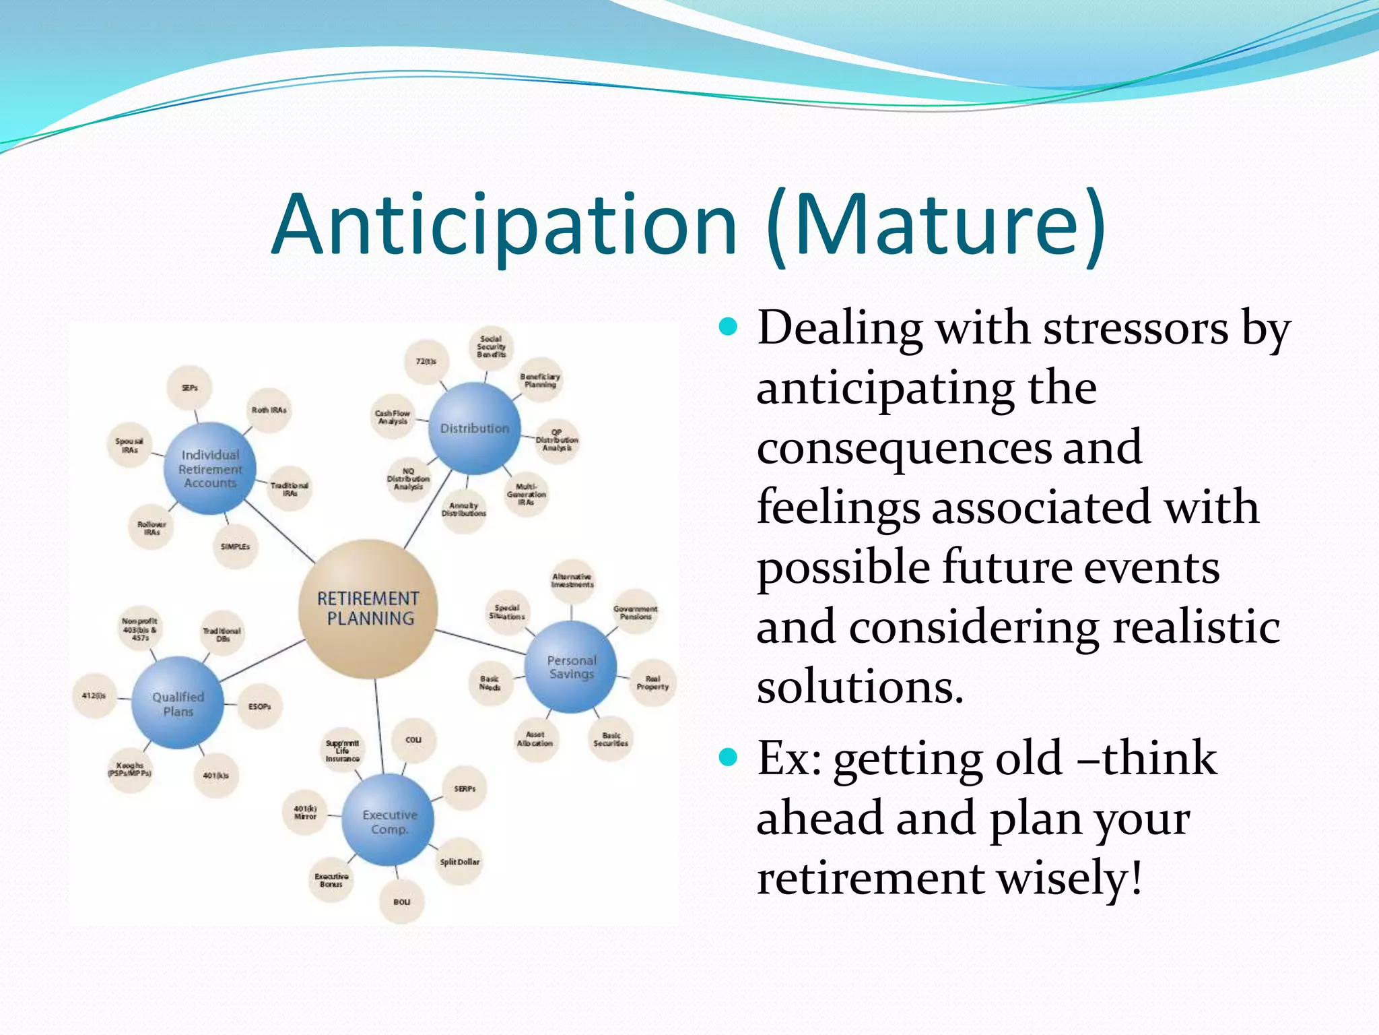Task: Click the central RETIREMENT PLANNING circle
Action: pyautogui.click(x=368, y=608)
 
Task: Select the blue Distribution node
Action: pyautogui.click(x=475, y=429)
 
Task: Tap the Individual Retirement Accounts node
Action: pyautogui.click(x=210, y=469)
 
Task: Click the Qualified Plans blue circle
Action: pyautogui.click(x=178, y=703)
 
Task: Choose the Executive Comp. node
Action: pyautogui.click(x=389, y=821)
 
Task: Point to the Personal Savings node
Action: pyautogui.click(x=571, y=667)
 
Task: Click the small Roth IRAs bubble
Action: pyautogui.click(x=269, y=410)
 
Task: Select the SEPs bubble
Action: pyautogui.click(x=190, y=388)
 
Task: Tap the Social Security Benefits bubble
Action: pyautogui.click(x=491, y=347)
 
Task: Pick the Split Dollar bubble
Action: pyautogui.click(x=460, y=862)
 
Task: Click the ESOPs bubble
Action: pyautogui.click(x=259, y=707)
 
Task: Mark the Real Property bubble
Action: pyautogui.click(x=652, y=683)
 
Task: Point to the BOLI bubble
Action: pyautogui.click(x=401, y=902)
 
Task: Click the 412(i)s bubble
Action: pyautogui.click(x=94, y=695)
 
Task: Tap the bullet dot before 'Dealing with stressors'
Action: pyautogui.click(x=728, y=327)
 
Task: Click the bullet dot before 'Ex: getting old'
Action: pyautogui.click(x=728, y=758)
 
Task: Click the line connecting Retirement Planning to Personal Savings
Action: pyautogui.click(x=479, y=641)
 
